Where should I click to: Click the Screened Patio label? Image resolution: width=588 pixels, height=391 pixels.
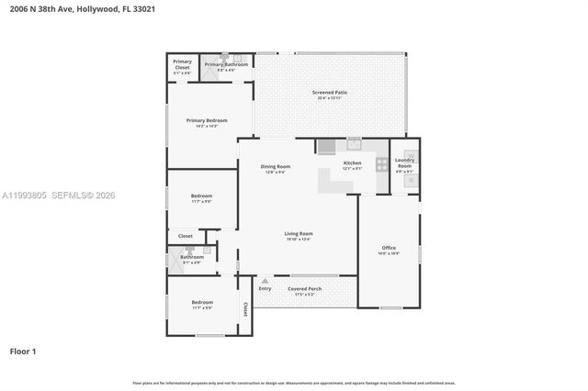tap(329, 93)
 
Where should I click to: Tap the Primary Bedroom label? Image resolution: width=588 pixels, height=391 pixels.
tap(207, 120)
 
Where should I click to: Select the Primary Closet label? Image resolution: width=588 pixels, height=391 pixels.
tap(182, 63)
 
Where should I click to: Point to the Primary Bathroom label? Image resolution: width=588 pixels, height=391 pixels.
tap(226, 64)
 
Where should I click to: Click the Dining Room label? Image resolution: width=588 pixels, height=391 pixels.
tap(276, 166)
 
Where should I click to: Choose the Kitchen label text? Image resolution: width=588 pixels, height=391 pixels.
tap(352, 163)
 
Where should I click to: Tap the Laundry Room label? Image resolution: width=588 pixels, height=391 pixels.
tap(404, 162)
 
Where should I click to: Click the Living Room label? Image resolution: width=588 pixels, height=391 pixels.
tap(299, 234)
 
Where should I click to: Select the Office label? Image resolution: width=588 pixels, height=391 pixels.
tap(389, 248)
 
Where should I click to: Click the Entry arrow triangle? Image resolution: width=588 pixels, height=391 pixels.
tap(266, 281)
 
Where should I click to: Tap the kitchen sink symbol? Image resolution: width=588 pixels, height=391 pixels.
tap(354, 143)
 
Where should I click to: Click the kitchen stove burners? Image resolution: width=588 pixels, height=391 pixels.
tap(381, 165)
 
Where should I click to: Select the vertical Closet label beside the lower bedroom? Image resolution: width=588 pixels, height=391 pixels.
tap(245, 310)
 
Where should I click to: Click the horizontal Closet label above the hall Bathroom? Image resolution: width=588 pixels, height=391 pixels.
tap(186, 236)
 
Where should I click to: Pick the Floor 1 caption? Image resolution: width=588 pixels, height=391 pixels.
tap(23, 351)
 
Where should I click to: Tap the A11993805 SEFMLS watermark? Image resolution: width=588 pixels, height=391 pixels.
tap(59, 195)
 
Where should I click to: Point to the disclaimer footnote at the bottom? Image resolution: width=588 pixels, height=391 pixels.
tap(293, 382)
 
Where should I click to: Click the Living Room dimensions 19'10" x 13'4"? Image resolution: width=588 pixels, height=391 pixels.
tap(299, 240)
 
